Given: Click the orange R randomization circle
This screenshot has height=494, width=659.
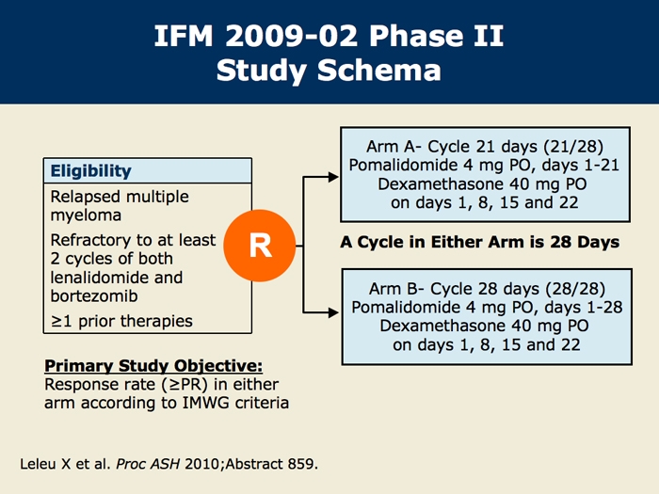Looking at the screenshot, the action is [260, 246].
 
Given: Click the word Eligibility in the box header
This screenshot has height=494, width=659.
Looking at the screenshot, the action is [90, 171].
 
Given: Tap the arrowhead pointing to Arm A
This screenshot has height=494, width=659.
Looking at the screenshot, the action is [333, 177].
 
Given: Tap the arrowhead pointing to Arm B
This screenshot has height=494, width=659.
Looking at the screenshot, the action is [333, 312].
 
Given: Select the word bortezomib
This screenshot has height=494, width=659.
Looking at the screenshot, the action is [94, 296].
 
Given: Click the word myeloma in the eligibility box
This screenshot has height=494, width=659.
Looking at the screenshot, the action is [87, 215].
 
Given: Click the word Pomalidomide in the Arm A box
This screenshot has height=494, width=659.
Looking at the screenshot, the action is [404, 165].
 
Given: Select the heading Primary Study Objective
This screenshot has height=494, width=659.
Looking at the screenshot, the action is [153, 366].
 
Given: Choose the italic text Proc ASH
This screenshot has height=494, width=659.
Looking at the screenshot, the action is [148, 464].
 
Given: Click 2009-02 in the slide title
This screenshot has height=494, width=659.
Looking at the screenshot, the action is [291, 36].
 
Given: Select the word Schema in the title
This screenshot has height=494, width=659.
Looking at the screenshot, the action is [379, 71].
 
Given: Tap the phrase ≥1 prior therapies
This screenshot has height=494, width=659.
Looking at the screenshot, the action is [121, 322].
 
